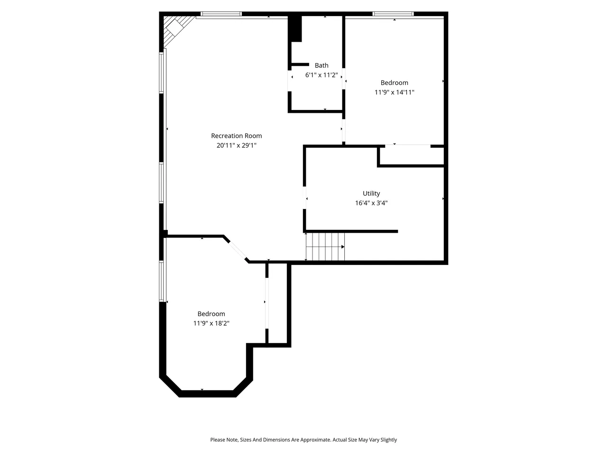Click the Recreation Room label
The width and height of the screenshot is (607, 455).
[236, 136]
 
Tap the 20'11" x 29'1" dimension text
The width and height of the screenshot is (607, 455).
[236, 146]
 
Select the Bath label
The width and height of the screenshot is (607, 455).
[322, 65]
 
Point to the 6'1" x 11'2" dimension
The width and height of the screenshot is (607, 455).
[322, 75]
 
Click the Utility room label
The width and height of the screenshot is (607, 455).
[371, 193]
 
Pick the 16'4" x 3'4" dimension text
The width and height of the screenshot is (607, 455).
[371, 203]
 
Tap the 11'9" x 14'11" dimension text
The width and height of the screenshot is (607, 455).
[394, 92]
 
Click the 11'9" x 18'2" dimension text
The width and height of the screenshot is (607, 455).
[211, 323]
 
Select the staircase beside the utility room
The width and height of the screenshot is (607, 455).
[325, 246]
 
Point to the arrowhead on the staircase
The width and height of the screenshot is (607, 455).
[343, 247]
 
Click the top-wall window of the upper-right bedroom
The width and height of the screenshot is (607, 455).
[393, 14]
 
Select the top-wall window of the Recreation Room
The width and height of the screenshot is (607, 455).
[221, 14]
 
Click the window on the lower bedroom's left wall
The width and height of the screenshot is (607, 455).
[161, 281]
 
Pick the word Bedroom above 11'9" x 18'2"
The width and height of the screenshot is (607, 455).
[211, 314]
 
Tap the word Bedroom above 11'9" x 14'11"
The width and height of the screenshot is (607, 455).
[394, 82]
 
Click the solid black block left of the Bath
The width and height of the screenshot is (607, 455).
[295, 29]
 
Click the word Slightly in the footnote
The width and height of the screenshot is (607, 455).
[388, 439]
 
